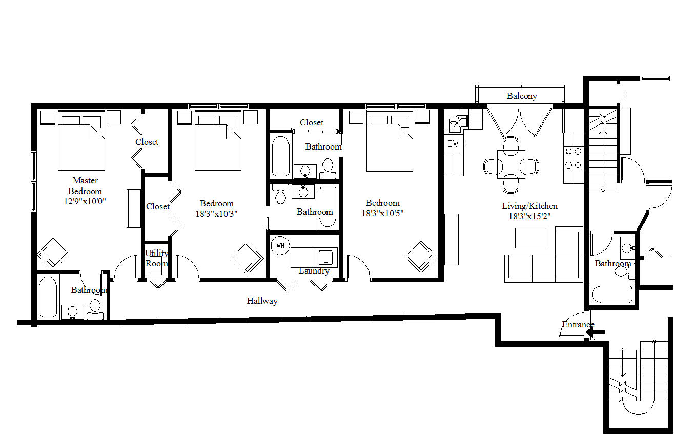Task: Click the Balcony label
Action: pos(522,96)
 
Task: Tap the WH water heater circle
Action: pos(280,246)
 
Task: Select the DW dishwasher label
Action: pos(453,144)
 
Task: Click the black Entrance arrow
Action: pos(595,332)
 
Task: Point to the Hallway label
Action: pos(262,301)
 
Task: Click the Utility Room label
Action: pos(156,258)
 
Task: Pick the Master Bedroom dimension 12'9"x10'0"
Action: pos(85,201)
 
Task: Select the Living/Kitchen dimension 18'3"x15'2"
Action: pos(529,216)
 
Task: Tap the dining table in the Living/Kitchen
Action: pos(511,164)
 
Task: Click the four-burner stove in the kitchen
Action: pos(574,158)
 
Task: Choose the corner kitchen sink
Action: pos(458,123)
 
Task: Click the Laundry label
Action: pos(314,271)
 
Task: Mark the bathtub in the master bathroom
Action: pos(48,297)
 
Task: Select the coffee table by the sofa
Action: pos(530,238)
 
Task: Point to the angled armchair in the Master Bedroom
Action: pos(53,254)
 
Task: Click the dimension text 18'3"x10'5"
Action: pos(382,213)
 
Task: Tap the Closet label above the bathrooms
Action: pos(312,123)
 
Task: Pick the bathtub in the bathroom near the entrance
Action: pos(612,294)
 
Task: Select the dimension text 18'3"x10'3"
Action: pos(216,214)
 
